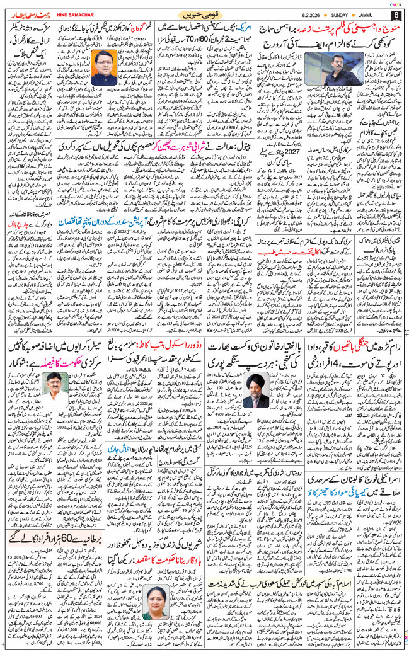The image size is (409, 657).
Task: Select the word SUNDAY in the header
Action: pyautogui.click(x=344, y=14)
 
